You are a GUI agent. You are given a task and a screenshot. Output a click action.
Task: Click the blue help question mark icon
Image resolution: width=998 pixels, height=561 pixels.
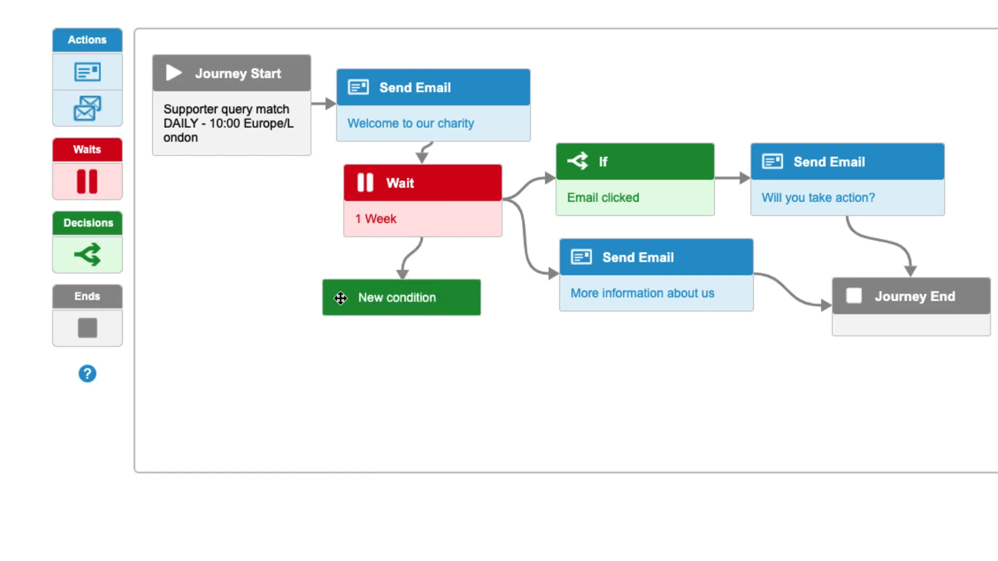[x=87, y=373]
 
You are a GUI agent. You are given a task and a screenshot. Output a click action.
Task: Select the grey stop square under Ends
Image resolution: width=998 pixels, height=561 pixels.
[x=87, y=328]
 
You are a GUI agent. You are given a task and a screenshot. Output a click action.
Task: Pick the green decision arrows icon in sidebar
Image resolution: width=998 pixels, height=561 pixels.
[x=87, y=255]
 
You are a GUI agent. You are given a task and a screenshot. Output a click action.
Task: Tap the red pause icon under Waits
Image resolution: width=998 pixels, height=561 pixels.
[x=87, y=181]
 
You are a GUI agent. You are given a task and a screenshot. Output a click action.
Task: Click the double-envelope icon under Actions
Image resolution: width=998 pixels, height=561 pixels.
[x=87, y=108]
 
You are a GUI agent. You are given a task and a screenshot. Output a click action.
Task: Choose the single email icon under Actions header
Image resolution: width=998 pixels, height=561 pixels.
[x=87, y=72]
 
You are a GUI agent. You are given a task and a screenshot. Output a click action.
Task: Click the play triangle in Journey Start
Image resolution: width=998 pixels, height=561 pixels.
[x=174, y=73]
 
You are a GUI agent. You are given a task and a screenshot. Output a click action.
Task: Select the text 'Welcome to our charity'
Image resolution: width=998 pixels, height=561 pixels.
[x=411, y=124]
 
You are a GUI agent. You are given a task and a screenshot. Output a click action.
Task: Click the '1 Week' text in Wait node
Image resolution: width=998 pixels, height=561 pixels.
[x=376, y=219]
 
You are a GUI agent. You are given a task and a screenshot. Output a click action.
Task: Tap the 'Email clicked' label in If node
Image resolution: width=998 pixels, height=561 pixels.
[x=603, y=197]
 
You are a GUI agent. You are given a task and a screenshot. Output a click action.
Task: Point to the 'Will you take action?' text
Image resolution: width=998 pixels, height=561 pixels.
[x=818, y=197]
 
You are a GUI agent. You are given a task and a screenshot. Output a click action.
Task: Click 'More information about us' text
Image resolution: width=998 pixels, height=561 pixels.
[x=642, y=293]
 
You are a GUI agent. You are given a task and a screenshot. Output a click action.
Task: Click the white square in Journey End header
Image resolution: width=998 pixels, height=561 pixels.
[x=854, y=296]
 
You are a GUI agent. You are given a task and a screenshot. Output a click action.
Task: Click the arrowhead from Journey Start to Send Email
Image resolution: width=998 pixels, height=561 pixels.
[x=331, y=103]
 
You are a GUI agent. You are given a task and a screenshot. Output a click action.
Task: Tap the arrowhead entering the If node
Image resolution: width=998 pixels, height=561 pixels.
[x=550, y=178]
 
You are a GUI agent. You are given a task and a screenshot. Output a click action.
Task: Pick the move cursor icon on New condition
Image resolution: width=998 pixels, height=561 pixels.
[x=340, y=298]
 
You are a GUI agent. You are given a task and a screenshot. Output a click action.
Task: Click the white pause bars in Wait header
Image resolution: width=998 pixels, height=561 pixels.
[x=365, y=182]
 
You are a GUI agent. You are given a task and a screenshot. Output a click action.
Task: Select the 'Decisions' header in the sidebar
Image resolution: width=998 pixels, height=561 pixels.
[x=88, y=223]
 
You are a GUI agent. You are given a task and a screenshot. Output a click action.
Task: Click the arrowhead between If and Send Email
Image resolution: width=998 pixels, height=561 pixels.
[x=744, y=178]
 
